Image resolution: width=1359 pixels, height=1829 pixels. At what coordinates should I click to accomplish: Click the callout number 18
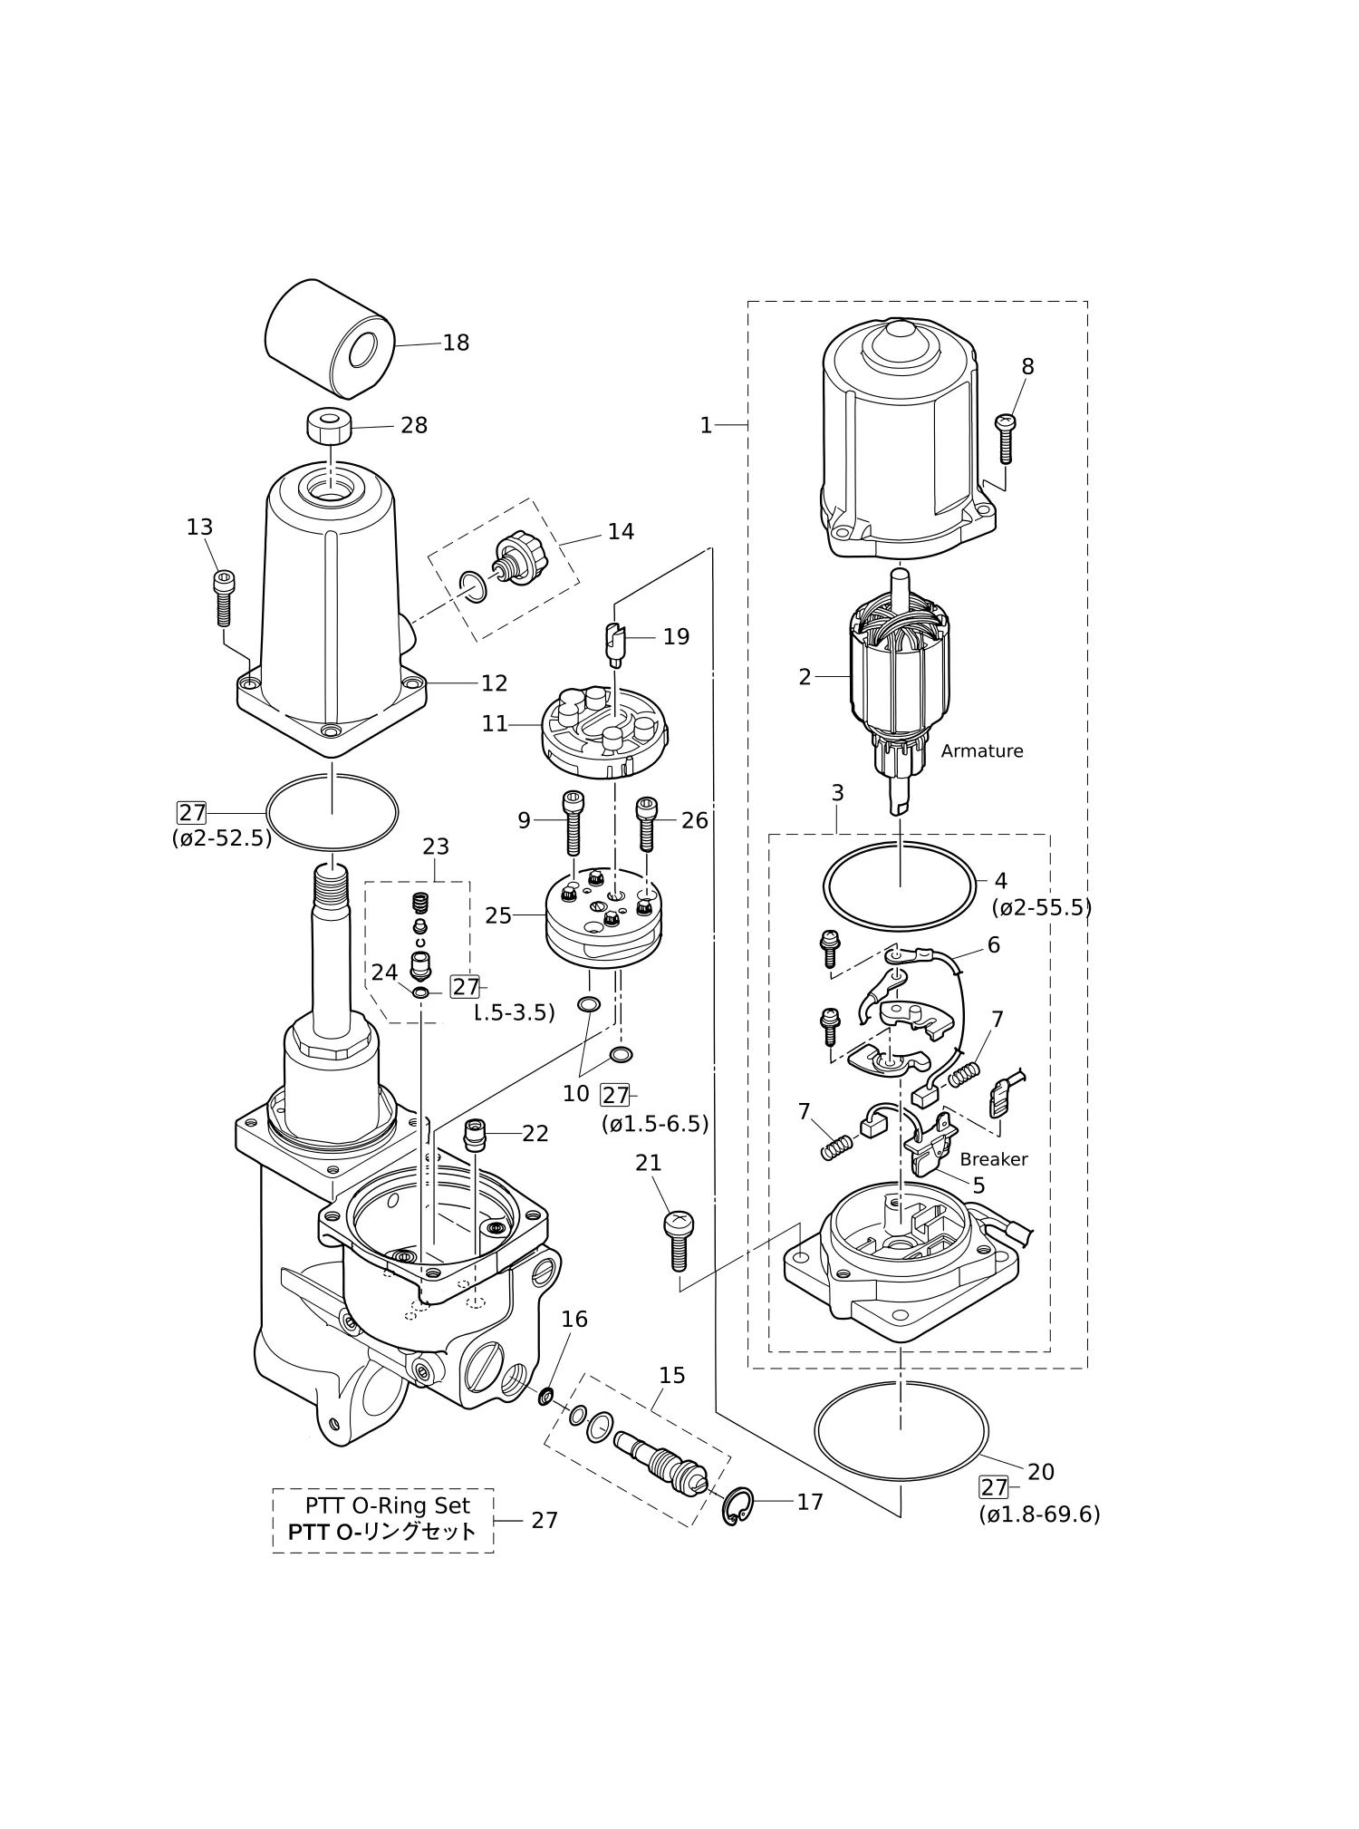(456, 343)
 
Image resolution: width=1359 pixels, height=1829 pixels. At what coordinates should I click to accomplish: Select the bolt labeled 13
(222, 598)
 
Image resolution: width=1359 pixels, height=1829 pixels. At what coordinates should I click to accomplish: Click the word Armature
(982, 751)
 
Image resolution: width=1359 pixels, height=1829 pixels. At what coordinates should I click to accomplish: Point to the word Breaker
(994, 1159)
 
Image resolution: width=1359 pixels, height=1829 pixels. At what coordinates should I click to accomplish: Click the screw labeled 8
(1006, 439)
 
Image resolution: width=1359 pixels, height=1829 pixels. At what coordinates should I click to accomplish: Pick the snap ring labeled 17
(737, 1506)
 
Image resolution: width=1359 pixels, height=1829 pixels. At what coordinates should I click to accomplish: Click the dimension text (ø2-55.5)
(1042, 907)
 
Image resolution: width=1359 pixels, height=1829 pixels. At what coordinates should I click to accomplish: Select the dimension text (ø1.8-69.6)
(1039, 1514)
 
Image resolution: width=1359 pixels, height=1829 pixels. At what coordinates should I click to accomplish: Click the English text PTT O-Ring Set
(388, 1505)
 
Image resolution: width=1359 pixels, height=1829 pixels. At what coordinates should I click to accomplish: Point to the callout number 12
(494, 682)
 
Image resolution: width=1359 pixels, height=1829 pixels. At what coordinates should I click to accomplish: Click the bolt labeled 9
(573, 822)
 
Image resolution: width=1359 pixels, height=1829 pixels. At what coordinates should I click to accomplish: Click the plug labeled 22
(475, 1135)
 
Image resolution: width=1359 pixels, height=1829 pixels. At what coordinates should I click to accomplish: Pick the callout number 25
(498, 915)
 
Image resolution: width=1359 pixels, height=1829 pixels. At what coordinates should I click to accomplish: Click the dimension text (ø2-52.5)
(222, 838)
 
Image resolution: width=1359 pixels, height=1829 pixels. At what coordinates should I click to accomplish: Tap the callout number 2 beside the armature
(805, 677)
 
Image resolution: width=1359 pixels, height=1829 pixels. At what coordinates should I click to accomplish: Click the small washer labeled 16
(546, 1397)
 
